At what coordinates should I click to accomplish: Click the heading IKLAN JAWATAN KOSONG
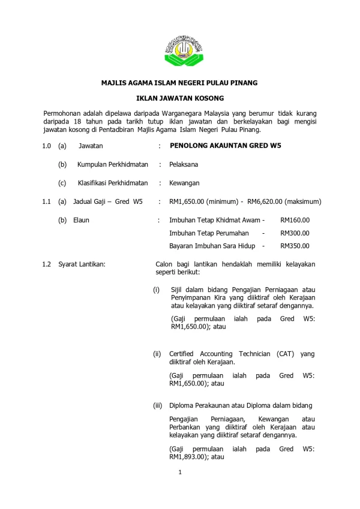(x=180, y=97)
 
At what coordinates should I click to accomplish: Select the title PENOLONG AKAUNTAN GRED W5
(x=226, y=145)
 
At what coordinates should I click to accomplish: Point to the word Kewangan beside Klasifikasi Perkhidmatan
(x=184, y=183)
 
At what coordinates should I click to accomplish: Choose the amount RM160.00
(x=295, y=220)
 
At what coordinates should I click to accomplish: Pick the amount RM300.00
(x=295, y=233)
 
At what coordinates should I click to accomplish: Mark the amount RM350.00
(x=295, y=246)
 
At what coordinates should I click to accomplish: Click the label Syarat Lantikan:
(x=82, y=264)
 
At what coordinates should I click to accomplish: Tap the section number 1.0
(x=47, y=145)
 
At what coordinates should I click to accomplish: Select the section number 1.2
(x=47, y=264)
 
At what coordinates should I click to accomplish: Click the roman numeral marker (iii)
(x=158, y=406)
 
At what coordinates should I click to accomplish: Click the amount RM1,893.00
(x=189, y=457)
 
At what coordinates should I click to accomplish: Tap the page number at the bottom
(x=180, y=474)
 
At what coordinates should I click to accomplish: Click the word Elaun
(x=81, y=220)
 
